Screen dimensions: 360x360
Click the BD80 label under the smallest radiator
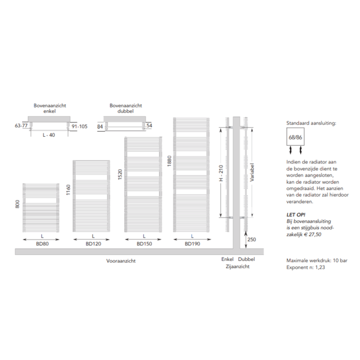click(x=42, y=244)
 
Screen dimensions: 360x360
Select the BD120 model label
click(x=93, y=244)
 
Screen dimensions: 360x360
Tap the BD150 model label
click(x=144, y=244)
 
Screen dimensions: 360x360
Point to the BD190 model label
click(x=192, y=244)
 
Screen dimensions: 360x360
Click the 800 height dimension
click(x=18, y=204)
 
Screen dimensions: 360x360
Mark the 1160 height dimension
click(x=69, y=189)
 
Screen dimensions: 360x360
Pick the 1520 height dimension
click(x=120, y=174)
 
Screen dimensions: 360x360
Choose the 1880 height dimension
click(x=169, y=161)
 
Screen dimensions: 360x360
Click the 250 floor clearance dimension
click(x=251, y=239)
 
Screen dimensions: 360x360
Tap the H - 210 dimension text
click(x=221, y=173)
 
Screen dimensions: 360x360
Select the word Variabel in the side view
click(x=252, y=172)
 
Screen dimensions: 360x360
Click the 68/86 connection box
click(x=296, y=137)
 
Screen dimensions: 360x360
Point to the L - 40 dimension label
click(x=49, y=135)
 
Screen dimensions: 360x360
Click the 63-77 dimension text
click(x=21, y=126)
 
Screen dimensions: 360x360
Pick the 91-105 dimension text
click(x=79, y=126)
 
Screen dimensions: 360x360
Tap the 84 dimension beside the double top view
click(x=100, y=126)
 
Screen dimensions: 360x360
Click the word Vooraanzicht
click(x=121, y=261)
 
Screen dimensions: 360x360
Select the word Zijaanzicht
click(x=238, y=266)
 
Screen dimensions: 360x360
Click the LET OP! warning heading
click(x=296, y=215)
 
